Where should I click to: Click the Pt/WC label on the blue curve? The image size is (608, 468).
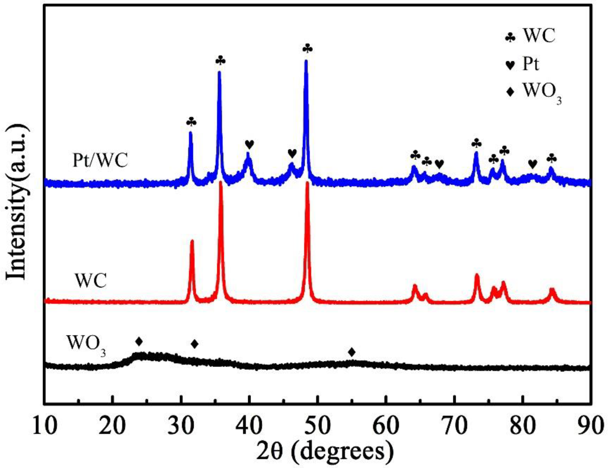(100, 161)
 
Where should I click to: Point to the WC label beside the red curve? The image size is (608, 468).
(91, 281)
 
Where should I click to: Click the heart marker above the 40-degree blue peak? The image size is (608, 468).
(249, 144)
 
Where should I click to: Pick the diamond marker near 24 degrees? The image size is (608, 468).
(139, 341)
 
